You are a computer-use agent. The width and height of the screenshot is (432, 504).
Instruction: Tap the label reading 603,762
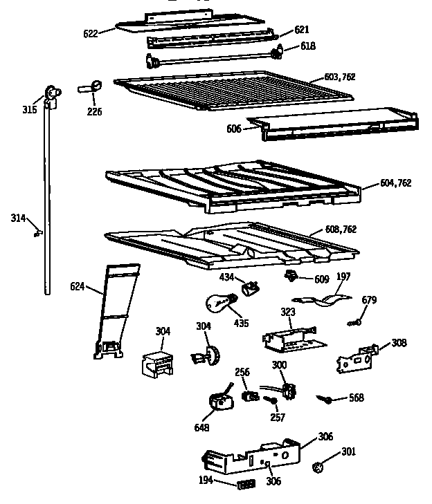coord(340,77)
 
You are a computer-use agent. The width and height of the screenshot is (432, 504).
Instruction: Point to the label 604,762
coord(396,183)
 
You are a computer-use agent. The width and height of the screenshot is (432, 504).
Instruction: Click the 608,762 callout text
coord(341,230)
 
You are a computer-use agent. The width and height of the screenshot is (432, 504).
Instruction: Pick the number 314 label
coord(17,218)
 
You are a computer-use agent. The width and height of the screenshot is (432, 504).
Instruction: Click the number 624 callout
coord(78,286)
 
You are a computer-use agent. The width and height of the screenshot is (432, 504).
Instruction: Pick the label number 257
coord(277,418)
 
